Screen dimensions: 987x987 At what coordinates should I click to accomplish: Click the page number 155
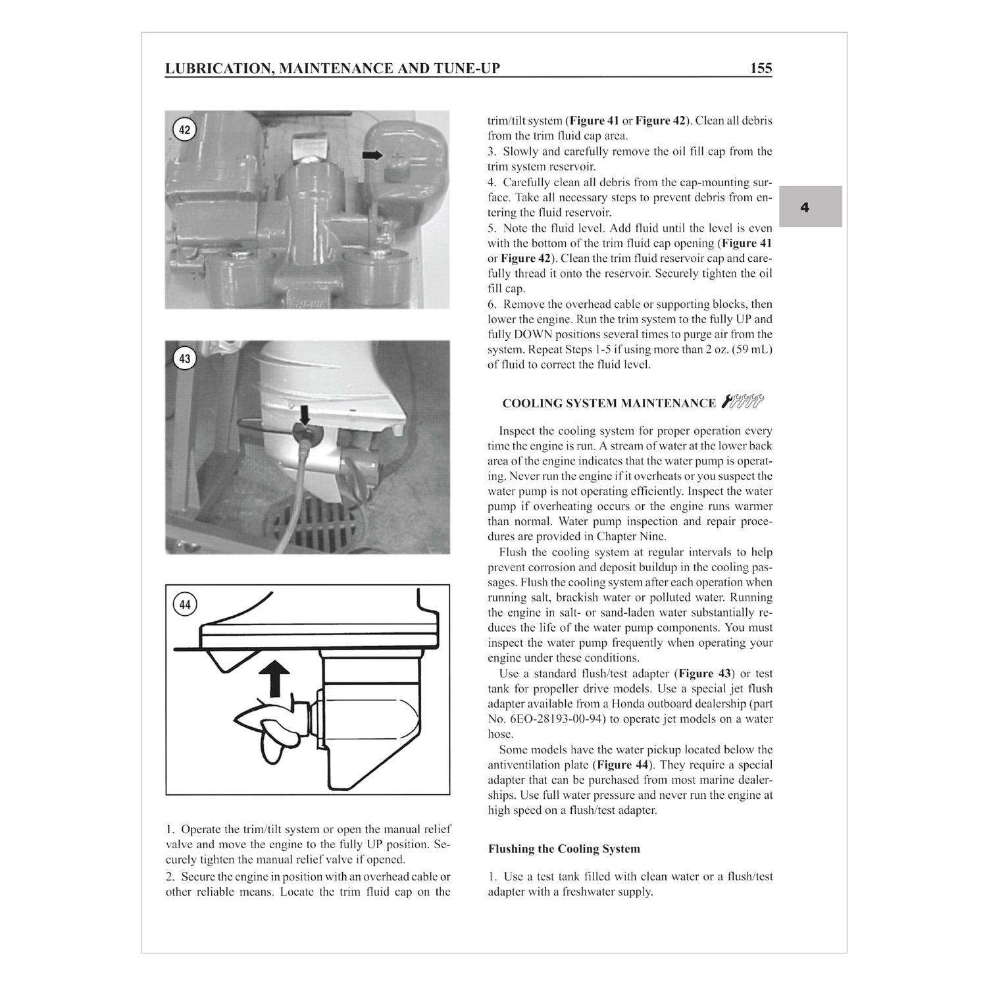[760, 68]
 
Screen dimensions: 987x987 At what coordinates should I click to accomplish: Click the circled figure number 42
[184, 130]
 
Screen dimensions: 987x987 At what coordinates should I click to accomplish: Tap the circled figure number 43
[184, 359]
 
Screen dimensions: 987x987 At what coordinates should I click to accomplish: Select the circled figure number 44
[185, 603]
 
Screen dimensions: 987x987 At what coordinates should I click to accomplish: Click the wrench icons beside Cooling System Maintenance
[743, 401]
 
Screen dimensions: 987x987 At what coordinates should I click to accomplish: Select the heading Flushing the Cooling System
[563, 849]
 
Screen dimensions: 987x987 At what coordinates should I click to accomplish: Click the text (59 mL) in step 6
[749, 349]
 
